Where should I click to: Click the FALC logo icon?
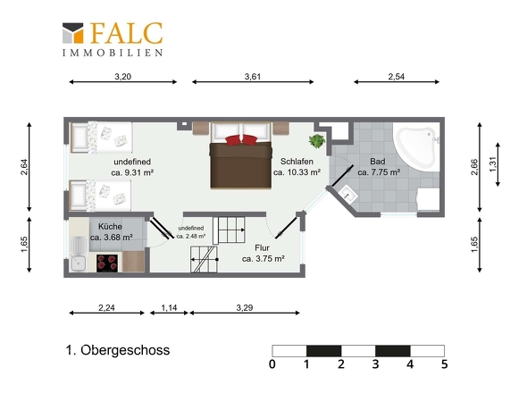[72, 33]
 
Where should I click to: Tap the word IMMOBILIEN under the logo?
[113, 53]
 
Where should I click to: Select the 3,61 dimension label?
[253, 76]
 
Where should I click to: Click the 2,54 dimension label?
[397, 76]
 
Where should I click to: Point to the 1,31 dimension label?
[493, 164]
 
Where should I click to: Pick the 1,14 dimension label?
[169, 307]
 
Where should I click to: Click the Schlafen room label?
[297, 162]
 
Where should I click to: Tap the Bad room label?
[378, 162]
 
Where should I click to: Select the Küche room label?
[110, 226]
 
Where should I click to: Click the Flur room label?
[262, 247]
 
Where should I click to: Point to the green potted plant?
[316, 141]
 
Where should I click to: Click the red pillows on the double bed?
[241, 139]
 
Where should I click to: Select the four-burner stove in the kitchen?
[107, 263]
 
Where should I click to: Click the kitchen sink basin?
[79, 263]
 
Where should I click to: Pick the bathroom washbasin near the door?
[347, 195]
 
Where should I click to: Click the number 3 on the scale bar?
[375, 364]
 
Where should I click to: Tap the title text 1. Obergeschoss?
[118, 350]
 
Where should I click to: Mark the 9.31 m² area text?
[132, 172]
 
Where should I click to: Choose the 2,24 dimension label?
[106, 307]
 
